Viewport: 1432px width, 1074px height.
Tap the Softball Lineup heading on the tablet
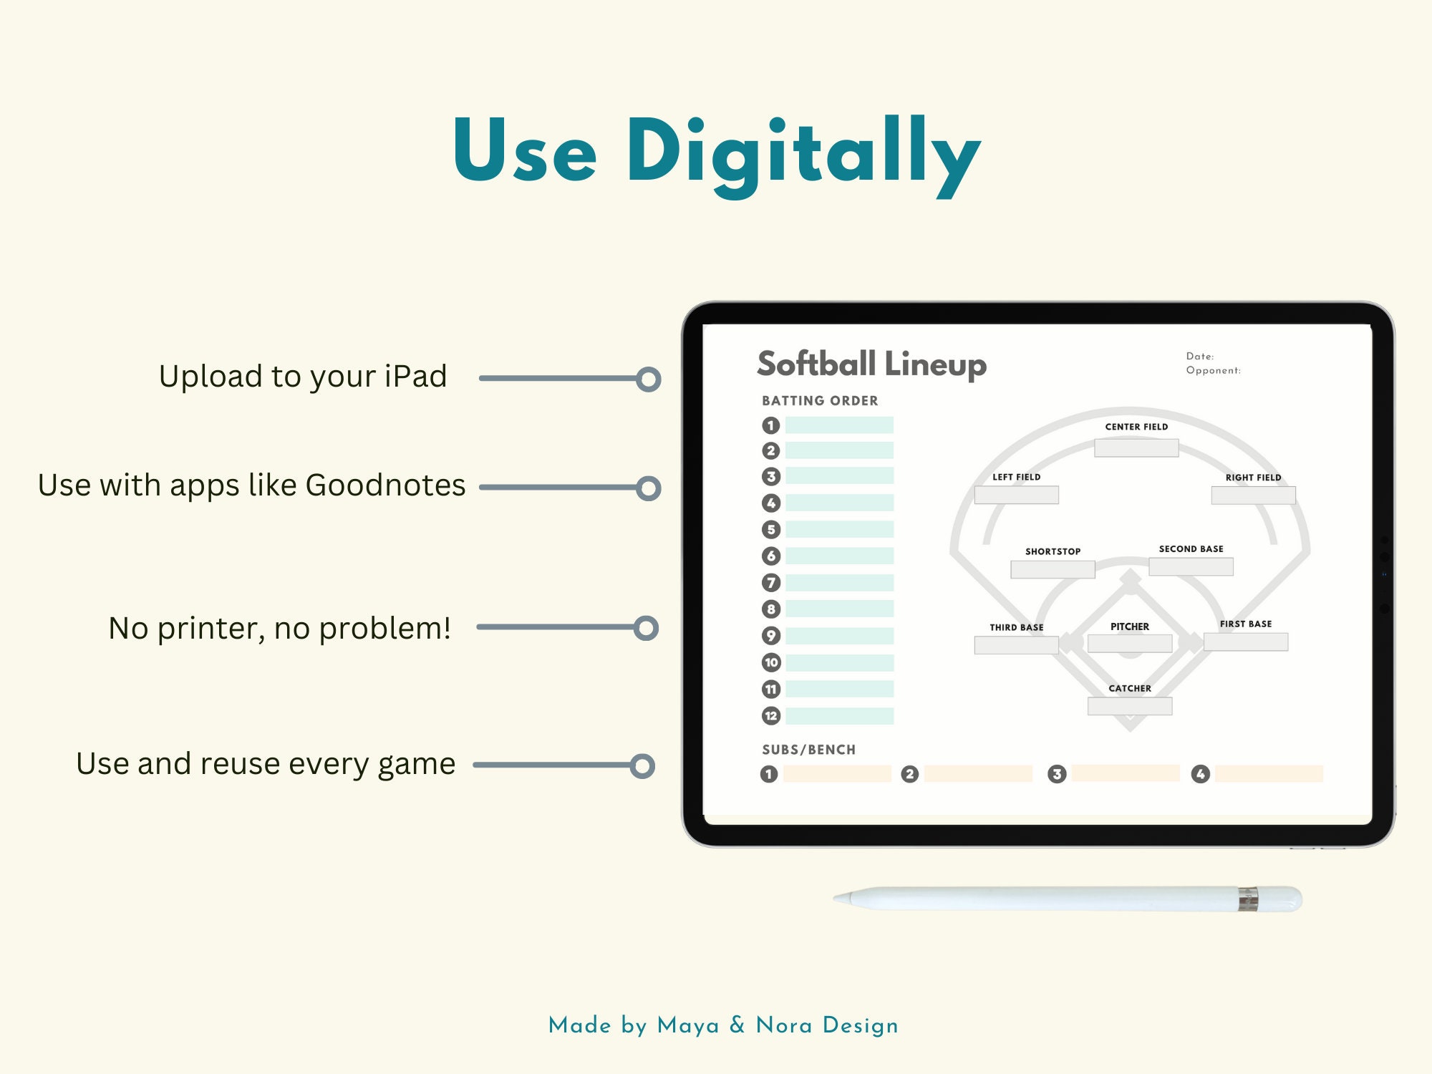(871, 364)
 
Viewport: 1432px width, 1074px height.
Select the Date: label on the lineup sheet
(1200, 356)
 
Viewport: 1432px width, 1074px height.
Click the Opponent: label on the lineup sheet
(1213, 370)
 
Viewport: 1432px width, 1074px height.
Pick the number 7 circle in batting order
(770, 583)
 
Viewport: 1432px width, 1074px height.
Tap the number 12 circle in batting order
(770, 715)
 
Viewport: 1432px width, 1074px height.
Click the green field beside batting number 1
(839, 425)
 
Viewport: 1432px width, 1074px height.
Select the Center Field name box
(1136, 448)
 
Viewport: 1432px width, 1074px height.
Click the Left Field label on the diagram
(1016, 477)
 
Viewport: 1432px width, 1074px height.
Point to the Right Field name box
(1253, 495)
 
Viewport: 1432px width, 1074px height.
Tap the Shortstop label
(1053, 551)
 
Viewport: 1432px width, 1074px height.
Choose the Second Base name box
(1191, 566)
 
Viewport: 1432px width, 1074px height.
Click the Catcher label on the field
(1130, 688)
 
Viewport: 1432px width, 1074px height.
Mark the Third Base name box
(1016, 645)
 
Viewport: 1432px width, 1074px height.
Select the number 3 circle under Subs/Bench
(1057, 774)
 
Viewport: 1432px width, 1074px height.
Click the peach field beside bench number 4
(1269, 773)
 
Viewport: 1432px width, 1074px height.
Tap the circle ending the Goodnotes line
(648, 488)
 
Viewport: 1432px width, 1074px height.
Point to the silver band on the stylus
(1248, 899)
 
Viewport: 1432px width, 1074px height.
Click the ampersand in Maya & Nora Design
(737, 1025)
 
